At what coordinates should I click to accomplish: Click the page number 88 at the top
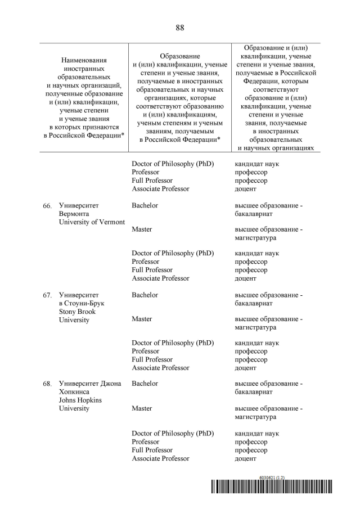point(180,28)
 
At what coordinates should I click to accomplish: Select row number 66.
point(47,206)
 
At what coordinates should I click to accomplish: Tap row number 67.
point(47,295)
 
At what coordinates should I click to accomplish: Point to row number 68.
point(47,384)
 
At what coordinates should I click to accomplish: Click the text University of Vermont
point(92,222)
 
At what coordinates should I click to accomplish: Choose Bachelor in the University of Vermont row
point(145,205)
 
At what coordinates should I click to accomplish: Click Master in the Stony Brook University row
point(142,319)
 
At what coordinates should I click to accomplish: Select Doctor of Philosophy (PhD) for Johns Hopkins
point(173,434)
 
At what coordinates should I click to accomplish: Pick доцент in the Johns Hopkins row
point(245,458)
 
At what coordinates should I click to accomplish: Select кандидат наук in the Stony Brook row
point(256,343)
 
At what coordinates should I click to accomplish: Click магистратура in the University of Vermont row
point(255,238)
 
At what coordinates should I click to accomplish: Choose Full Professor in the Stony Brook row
point(152,359)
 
